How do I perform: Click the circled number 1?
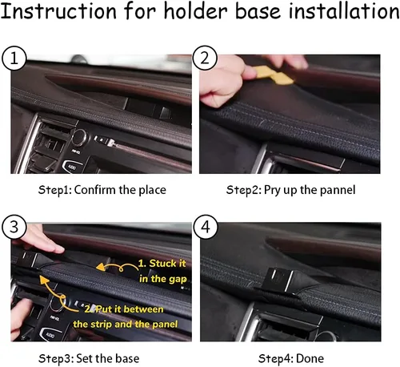pyautogui.click(x=14, y=58)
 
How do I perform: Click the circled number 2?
pyautogui.click(x=205, y=58)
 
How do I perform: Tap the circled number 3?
pyautogui.click(x=14, y=228)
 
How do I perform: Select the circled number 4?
pyautogui.click(x=206, y=228)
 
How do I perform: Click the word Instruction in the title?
pyautogui.click(x=58, y=11)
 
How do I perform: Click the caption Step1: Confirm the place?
pyautogui.click(x=102, y=190)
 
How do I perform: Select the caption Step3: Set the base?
pyautogui.click(x=89, y=358)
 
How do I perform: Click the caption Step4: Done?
pyautogui.click(x=291, y=358)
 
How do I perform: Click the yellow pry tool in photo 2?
pyautogui.click(x=274, y=75)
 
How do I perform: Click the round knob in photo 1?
pyautogui.click(x=80, y=137)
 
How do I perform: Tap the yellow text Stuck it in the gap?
pyautogui.click(x=162, y=271)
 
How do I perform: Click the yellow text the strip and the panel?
pyautogui.click(x=126, y=325)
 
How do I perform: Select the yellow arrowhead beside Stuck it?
pyautogui.click(x=101, y=267)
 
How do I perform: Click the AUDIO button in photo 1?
pyautogui.click(x=70, y=167)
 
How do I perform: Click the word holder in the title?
pyautogui.click(x=197, y=11)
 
